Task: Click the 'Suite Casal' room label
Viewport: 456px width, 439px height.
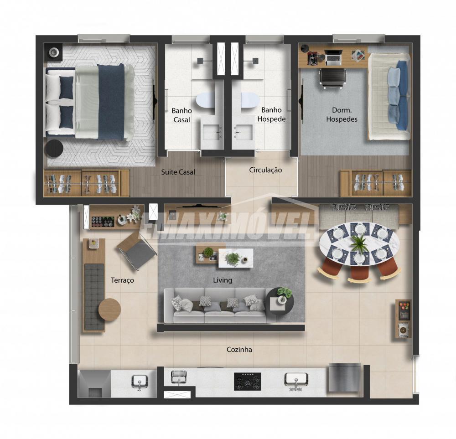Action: (178, 172)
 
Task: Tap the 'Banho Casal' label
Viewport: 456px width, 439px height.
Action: (182, 115)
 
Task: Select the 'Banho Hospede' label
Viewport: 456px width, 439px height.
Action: (271, 114)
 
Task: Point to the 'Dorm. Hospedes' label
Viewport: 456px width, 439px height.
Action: (342, 114)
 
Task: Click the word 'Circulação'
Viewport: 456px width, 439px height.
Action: (265, 170)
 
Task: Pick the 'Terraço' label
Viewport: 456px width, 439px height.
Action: (122, 280)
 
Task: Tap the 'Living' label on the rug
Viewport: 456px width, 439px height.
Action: (223, 280)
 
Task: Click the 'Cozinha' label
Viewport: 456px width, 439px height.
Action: (239, 350)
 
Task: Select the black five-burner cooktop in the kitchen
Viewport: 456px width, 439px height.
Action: (248, 382)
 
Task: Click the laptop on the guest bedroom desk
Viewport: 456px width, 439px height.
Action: (333, 57)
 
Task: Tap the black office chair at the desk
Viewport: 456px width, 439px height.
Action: (333, 77)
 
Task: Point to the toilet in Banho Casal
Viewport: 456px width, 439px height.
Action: (205, 100)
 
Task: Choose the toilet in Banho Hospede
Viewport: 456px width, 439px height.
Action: (250, 100)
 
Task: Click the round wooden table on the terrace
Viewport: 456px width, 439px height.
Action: (109, 310)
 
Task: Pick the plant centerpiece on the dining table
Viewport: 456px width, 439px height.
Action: (359, 243)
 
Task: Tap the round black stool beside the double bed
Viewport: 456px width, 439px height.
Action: (54, 149)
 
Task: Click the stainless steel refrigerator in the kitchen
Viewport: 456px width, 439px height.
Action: (344, 378)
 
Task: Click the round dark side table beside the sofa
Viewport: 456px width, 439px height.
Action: (280, 302)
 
